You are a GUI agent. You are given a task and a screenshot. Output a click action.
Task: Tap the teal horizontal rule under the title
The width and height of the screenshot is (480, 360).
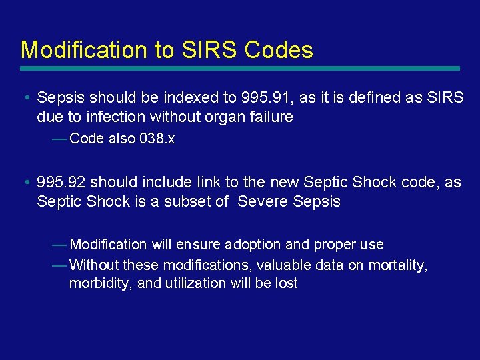[240, 68]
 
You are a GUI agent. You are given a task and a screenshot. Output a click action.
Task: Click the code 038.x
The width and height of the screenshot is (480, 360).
[157, 139]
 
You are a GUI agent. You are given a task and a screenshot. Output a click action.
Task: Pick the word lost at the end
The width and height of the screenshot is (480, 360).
[287, 283]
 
